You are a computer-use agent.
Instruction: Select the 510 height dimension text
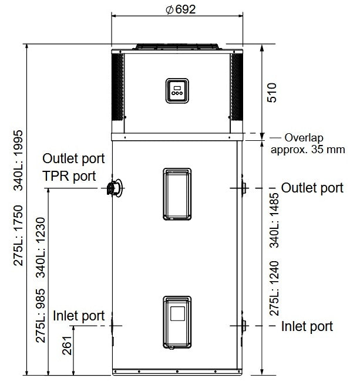click(272, 93)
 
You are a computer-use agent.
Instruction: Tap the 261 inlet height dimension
click(67, 346)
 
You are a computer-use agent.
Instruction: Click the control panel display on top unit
click(177, 90)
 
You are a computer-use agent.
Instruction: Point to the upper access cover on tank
click(177, 194)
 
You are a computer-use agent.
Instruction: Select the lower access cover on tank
click(177, 322)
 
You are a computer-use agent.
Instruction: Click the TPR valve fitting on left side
click(115, 188)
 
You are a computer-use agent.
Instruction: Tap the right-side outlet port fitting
click(243, 188)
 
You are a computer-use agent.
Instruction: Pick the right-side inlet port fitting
click(243, 326)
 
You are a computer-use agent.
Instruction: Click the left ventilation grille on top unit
click(117, 87)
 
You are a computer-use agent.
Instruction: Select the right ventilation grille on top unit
click(237, 87)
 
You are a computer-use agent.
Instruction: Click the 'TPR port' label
click(69, 176)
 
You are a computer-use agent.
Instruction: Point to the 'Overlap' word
click(304, 138)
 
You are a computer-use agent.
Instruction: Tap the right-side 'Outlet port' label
click(312, 188)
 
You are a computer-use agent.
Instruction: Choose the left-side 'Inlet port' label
click(79, 316)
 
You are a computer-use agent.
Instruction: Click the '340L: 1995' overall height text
click(18, 161)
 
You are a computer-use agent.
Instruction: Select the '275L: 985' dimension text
click(41, 316)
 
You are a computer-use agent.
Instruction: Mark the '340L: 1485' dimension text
click(274, 220)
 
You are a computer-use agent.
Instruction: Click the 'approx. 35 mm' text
click(308, 150)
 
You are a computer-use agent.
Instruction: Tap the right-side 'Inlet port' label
click(307, 326)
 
